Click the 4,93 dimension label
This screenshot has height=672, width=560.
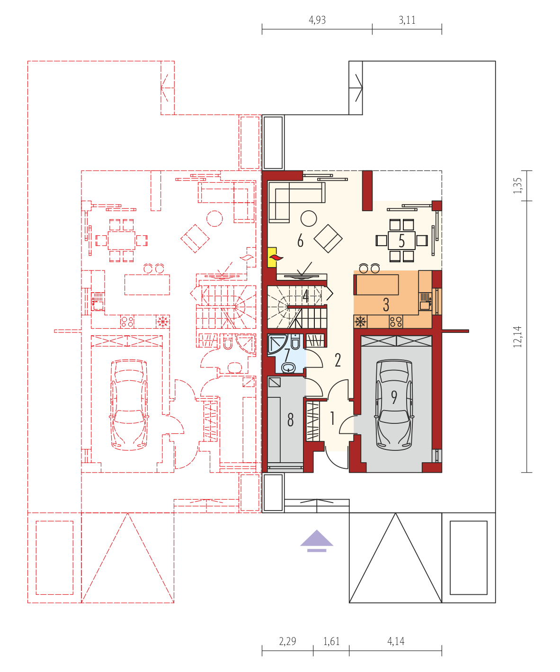[317, 20]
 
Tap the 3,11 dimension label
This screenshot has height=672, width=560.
[407, 20]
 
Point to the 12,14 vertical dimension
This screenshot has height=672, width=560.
[517, 337]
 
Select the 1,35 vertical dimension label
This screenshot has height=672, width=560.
[517, 185]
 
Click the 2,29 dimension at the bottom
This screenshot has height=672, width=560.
[287, 641]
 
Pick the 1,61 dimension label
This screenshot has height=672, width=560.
[331, 641]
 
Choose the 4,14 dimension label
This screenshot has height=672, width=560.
[396, 641]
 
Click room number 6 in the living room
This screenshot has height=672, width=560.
[300, 241]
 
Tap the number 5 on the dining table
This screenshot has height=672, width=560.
[401, 241]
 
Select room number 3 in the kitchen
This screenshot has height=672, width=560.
[386, 305]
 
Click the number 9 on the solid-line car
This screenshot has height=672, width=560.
[394, 397]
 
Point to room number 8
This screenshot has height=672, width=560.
[291, 420]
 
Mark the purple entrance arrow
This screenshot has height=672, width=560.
[317, 541]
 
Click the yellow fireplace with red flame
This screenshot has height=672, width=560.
[273, 257]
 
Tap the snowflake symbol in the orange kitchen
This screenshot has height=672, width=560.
[360, 322]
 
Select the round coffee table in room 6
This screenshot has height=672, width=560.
[309, 218]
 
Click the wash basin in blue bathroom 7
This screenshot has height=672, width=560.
[288, 367]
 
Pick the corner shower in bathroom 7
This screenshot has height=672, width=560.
[277, 344]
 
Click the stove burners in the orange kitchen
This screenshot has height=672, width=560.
[396, 322]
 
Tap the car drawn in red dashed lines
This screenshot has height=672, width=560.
[129, 405]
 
